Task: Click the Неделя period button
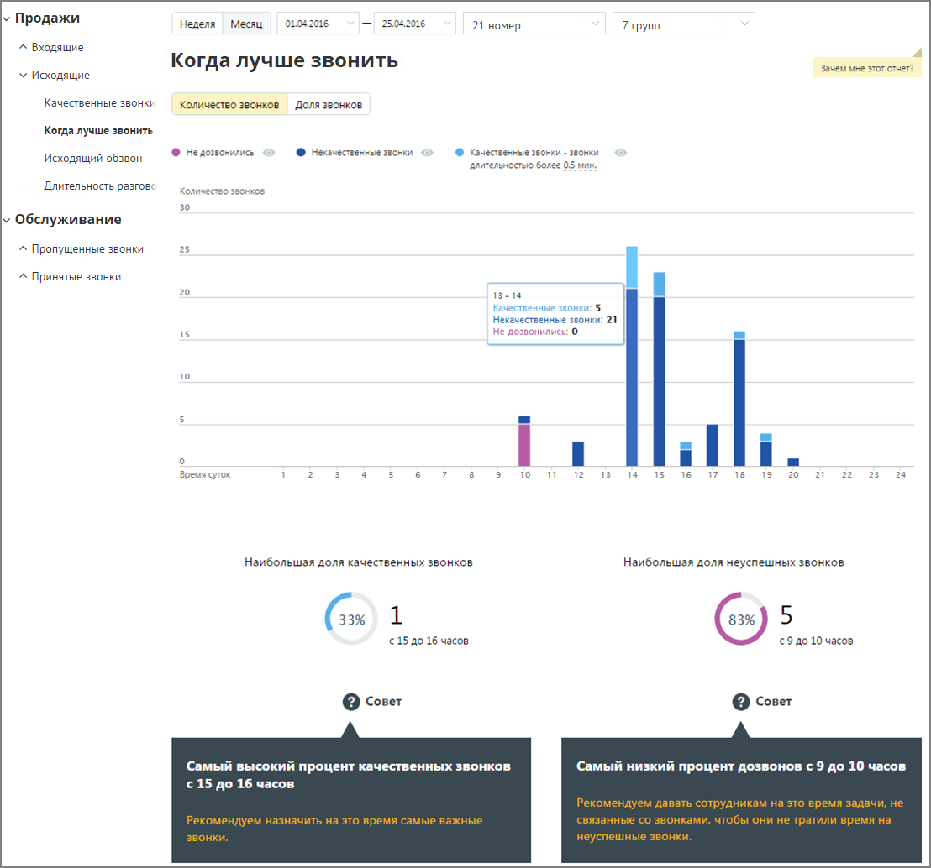pyautogui.click(x=197, y=24)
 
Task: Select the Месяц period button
pyautogui.click(x=246, y=24)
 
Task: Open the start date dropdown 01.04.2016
pyautogui.click(x=318, y=24)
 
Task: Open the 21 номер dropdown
pyautogui.click(x=534, y=24)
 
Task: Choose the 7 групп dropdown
pyautogui.click(x=683, y=24)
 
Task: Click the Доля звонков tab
pyautogui.click(x=329, y=104)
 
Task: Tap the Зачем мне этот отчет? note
pyautogui.click(x=867, y=68)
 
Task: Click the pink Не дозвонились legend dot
pyautogui.click(x=176, y=153)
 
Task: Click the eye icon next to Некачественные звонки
pyautogui.click(x=427, y=153)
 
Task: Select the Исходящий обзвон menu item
pyautogui.click(x=93, y=159)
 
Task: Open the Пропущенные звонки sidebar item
pyautogui.click(x=87, y=249)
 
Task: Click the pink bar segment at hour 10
pyautogui.click(x=524, y=445)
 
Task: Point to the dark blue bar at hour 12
pyautogui.click(x=578, y=454)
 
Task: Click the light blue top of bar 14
pyautogui.click(x=632, y=268)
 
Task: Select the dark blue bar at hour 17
pyautogui.click(x=712, y=446)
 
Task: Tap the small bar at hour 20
pyautogui.click(x=793, y=463)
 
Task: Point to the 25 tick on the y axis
pyautogui.click(x=185, y=250)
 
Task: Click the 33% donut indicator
pyautogui.click(x=351, y=619)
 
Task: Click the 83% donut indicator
pyautogui.click(x=742, y=619)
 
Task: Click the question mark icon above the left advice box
pyautogui.click(x=351, y=702)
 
